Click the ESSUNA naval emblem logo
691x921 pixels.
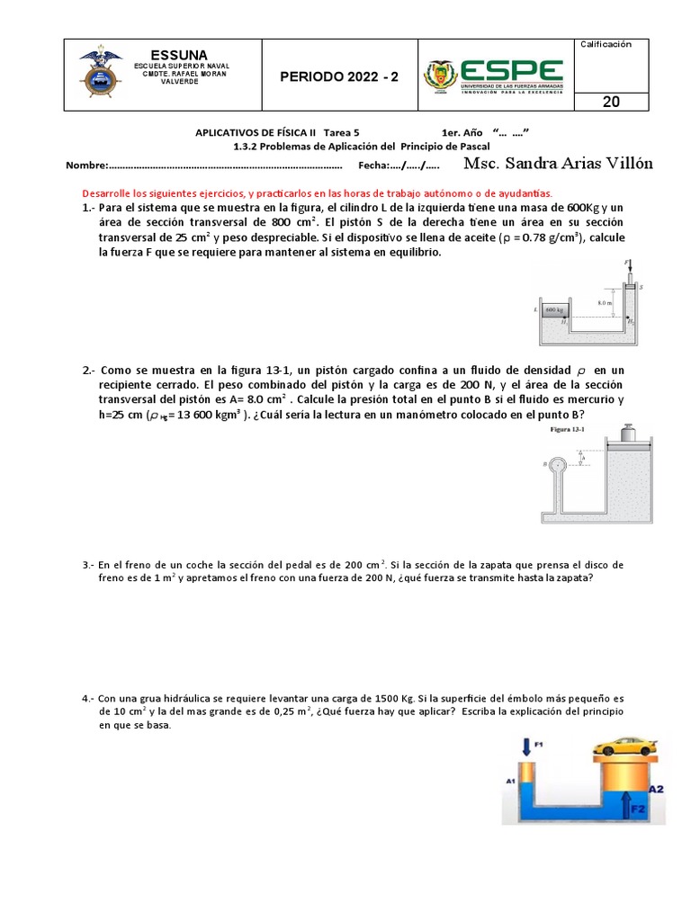pos(100,75)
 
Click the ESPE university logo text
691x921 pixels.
pos(510,71)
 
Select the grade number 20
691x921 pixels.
pos(611,102)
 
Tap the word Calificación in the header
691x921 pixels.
pos(606,44)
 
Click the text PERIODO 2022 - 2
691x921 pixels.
pos(338,76)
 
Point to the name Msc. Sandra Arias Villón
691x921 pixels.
pos(558,164)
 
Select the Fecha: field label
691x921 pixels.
pos(377,165)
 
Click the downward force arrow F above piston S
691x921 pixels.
pos(631,268)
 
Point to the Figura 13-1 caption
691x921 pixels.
pos(568,429)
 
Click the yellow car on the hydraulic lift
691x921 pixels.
pos(624,747)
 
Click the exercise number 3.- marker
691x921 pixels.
pos(88,565)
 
